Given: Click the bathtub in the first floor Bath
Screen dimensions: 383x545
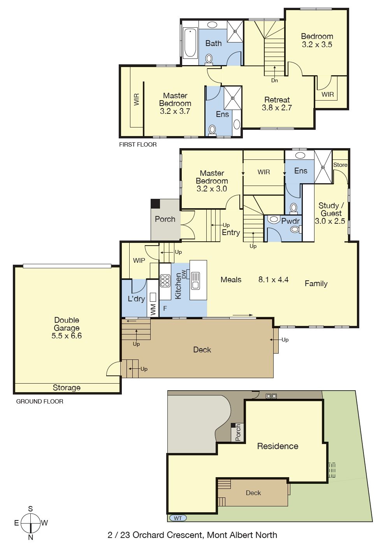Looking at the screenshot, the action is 190,43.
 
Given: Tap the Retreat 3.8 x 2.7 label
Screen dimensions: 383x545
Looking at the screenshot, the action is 277,104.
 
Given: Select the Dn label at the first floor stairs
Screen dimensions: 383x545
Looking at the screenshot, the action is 274,81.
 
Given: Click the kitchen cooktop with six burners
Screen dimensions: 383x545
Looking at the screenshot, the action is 165,280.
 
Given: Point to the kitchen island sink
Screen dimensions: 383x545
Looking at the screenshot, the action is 195,281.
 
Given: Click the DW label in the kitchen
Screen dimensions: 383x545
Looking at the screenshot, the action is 184,274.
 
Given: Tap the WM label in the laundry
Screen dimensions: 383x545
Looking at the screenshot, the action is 153,310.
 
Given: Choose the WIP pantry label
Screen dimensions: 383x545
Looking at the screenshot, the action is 139,260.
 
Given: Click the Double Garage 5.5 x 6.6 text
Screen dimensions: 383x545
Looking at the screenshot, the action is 67,328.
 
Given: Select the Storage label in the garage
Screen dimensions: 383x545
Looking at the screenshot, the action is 67,388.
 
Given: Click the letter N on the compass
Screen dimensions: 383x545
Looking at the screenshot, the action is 31,537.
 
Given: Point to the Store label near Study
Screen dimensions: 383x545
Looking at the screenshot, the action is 340,165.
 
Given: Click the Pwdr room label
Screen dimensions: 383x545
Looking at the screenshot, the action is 290,221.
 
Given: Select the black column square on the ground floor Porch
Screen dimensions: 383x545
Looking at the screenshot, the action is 155,203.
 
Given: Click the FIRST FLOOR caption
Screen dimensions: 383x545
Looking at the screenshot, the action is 138,145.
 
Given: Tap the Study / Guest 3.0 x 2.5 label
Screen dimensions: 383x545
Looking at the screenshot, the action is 330,213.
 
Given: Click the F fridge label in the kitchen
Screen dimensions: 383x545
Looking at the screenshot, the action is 165,308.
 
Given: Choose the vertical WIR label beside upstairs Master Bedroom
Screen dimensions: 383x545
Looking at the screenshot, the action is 137,99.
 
